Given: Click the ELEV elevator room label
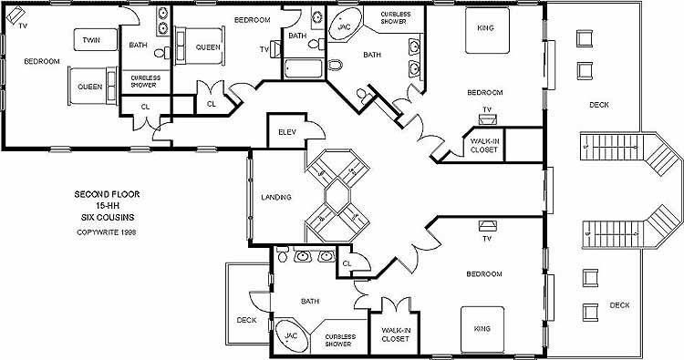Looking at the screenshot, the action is click(287, 132).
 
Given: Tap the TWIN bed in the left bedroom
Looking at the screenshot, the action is click(96, 40).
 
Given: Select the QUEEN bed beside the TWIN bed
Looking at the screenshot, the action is click(92, 86).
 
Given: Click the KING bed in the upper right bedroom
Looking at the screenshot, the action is click(487, 30).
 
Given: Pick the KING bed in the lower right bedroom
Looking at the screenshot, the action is click(482, 330).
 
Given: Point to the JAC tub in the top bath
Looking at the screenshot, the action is click(345, 26).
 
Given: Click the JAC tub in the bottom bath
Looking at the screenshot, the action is click(292, 336).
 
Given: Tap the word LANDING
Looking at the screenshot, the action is click(276, 197).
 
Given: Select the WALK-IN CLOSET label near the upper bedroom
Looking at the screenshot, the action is click(484, 146).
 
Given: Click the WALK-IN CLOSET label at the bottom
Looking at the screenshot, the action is click(395, 334).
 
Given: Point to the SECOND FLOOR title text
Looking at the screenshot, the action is click(107, 194).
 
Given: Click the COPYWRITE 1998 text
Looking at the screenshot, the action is click(107, 232).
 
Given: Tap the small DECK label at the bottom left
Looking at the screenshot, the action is click(246, 320).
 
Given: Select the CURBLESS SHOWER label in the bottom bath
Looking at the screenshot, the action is click(340, 340).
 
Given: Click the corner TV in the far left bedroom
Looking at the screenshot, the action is click(16, 16).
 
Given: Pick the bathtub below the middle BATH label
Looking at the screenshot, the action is click(303, 68).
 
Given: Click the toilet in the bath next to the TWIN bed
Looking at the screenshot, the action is click(161, 53).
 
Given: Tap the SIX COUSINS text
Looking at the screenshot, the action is click(108, 217).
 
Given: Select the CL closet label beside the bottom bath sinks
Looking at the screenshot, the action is click(347, 263).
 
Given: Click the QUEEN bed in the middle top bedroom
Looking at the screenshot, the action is click(201, 46).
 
